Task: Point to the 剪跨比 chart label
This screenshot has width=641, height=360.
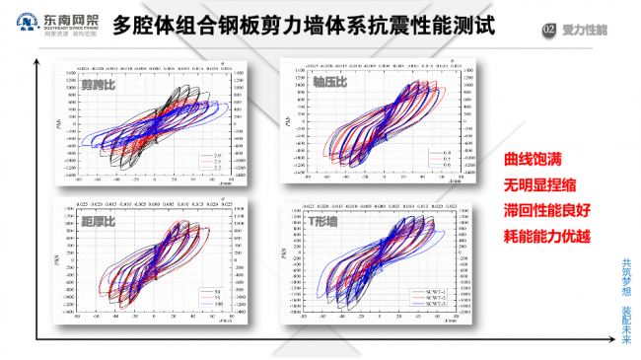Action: tap(99, 86)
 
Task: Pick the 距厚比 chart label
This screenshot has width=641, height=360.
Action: tap(99, 221)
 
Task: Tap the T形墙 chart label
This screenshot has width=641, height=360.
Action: tap(320, 222)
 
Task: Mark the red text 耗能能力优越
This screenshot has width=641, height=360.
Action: tap(544, 237)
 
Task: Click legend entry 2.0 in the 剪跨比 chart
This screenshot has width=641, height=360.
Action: tap(212, 156)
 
